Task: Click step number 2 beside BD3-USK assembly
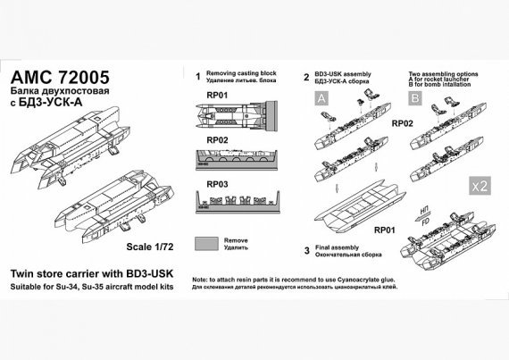[305, 78]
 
